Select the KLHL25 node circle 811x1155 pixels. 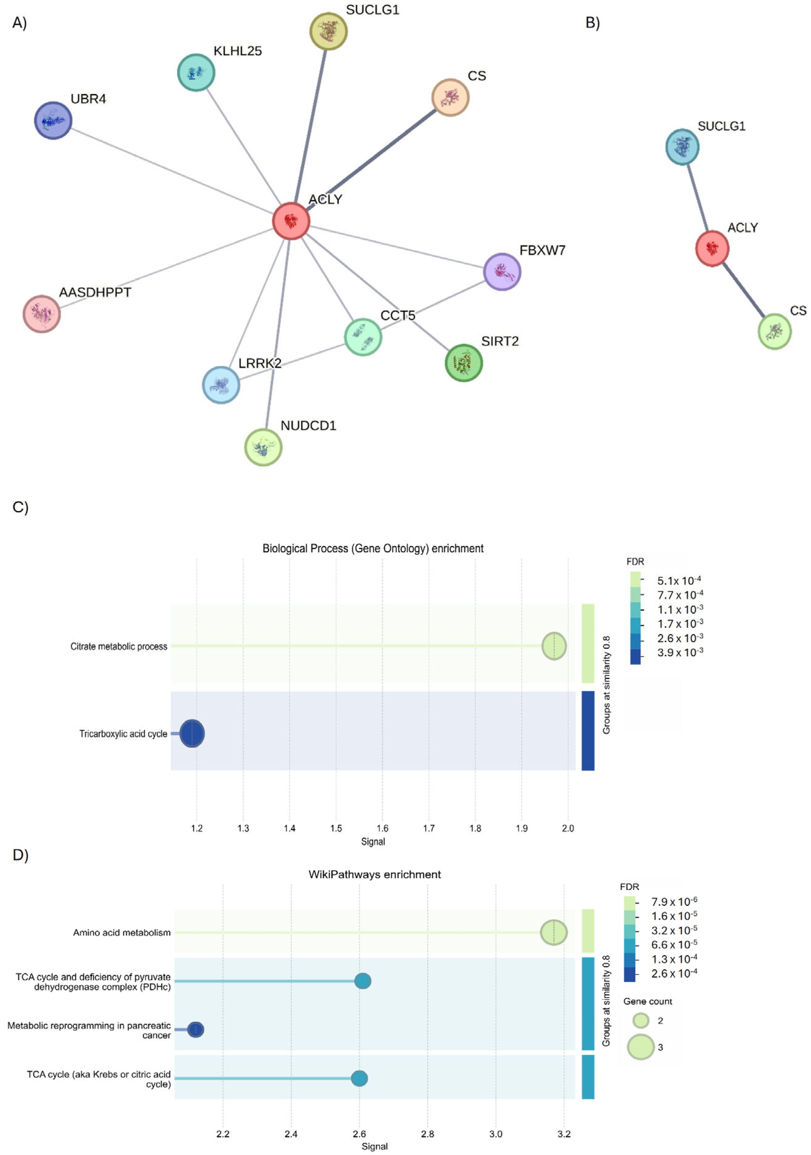(196, 73)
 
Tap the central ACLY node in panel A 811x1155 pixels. (291, 221)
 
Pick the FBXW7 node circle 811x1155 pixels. (502, 272)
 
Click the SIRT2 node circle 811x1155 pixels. (463, 363)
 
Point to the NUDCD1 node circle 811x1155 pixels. (263, 447)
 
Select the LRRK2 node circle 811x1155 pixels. (221, 385)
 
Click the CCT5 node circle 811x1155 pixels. (363, 337)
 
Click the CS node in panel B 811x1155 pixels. (774, 331)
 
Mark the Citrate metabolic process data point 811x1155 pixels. (553, 646)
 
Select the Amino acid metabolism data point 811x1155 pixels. (553, 932)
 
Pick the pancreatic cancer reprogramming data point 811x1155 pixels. (195, 1029)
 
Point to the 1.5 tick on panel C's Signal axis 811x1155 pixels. (336, 828)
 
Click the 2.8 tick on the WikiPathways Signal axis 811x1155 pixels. (427, 1134)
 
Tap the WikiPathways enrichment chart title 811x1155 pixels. (375, 874)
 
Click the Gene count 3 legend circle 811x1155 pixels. (640, 1047)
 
